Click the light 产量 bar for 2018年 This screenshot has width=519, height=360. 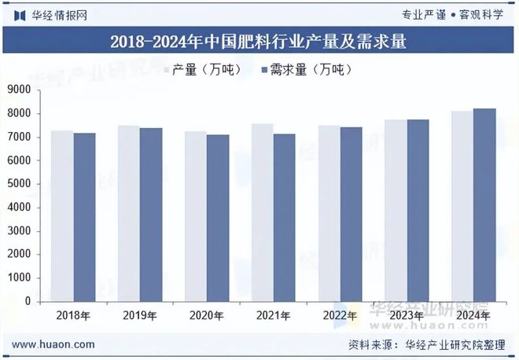62,216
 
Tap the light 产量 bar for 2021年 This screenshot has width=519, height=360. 263,212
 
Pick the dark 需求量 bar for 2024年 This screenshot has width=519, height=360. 485,204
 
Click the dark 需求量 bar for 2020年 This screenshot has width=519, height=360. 218,218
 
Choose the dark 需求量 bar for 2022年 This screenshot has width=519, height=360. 352,214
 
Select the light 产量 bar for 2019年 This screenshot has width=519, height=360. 129,213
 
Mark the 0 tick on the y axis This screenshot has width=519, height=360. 28,301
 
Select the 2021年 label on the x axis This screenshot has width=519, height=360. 274,316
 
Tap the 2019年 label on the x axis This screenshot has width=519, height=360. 140,316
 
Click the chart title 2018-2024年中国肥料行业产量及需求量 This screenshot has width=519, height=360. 259,41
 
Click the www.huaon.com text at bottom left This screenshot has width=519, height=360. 54,344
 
